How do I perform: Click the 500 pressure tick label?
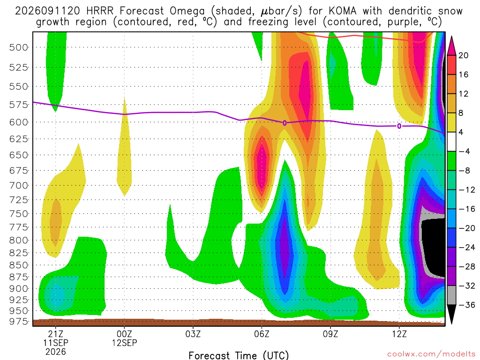pyautogui.click(x=18, y=47)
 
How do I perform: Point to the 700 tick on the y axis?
pyautogui.click(x=18, y=186)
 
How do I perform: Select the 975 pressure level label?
pyautogui.click(x=18, y=322)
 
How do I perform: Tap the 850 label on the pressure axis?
pyautogui.click(x=18, y=265)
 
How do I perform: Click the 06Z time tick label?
pyautogui.click(x=262, y=333)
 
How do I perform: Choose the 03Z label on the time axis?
pyautogui.click(x=193, y=333)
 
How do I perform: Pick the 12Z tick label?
pyautogui.click(x=399, y=333)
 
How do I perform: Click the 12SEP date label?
pyautogui.click(x=124, y=343)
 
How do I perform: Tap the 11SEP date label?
pyautogui.click(x=55, y=343)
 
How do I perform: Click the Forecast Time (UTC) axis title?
pyautogui.click(x=239, y=355)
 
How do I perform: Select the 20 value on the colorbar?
pyautogui.click(x=463, y=55)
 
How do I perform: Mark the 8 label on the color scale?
pyautogui.click(x=461, y=113)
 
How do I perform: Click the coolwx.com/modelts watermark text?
pyautogui.click(x=431, y=354)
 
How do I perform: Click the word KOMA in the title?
pyautogui.click(x=343, y=11)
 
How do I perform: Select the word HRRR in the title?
pyautogui.click(x=100, y=11)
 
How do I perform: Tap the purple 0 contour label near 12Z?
pyautogui.click(x=399, y=126)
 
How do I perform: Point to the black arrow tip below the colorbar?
pyautogui.click(x=451, y=323)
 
